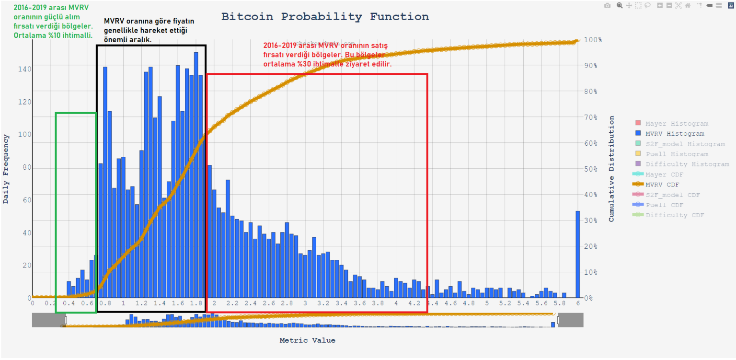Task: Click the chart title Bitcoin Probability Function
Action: pos(325,17)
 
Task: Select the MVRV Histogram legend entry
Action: pos(675,134)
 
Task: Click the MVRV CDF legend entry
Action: pos(662,185)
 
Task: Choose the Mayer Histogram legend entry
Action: pos(676,124)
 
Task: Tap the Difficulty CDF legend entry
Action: pos(675,215)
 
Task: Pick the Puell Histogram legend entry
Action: pos(677,154)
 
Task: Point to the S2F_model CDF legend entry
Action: pos(673,195)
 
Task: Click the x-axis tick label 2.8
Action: pos(287,303)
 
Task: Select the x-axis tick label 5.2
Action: pos(505,303)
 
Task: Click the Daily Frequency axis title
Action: pos(6,169)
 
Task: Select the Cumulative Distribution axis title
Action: pos(611,169)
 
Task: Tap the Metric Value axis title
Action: pos(307,340)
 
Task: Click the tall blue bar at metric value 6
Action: pos(577,254)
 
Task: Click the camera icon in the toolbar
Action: pos(607,6)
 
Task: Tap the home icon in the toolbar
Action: pos(688,6)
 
